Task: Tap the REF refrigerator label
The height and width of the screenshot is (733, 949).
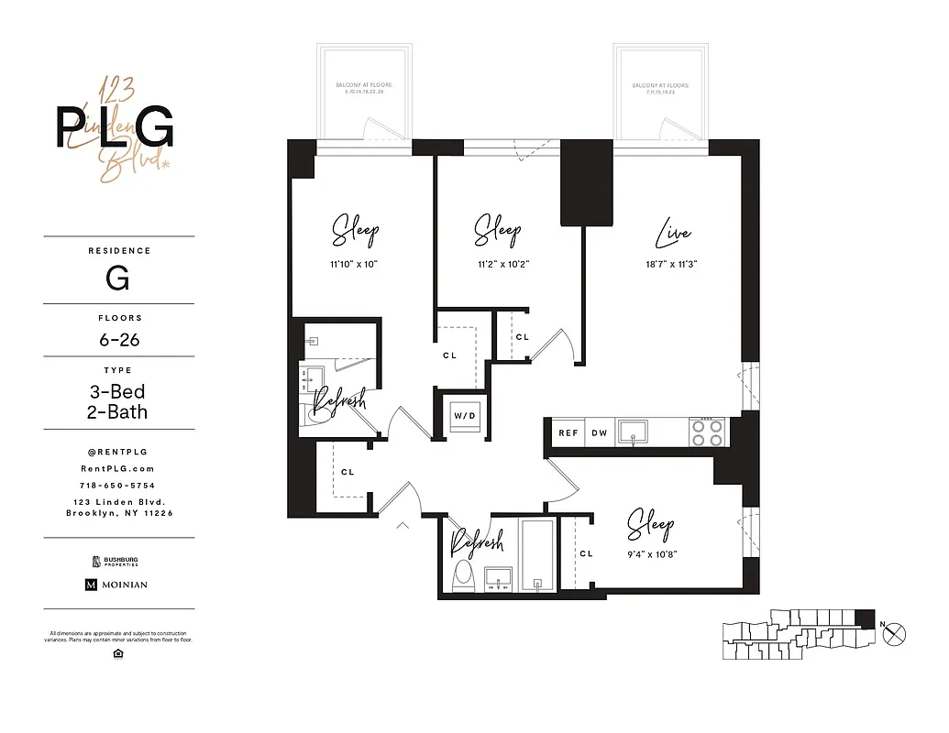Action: pyautogui.click(x=568, y=433)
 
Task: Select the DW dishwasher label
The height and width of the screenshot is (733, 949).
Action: pyautogui.click(x=599, y=433)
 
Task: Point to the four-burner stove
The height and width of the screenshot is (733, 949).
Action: pyautogui.click(x=706, y=432)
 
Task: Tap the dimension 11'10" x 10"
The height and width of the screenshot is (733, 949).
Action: pyautogui.click(x=353, y=264)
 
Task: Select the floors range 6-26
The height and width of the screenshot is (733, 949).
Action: pyautogui.click(x=119, y=339)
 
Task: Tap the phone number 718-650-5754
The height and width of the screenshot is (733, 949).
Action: pyautogui.click(x=119, y=485)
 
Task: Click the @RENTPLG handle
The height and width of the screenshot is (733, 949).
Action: pyautogui.click(x=119, y=451)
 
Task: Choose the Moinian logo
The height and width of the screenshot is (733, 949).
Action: pyautogui.click(x=116, y=585)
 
